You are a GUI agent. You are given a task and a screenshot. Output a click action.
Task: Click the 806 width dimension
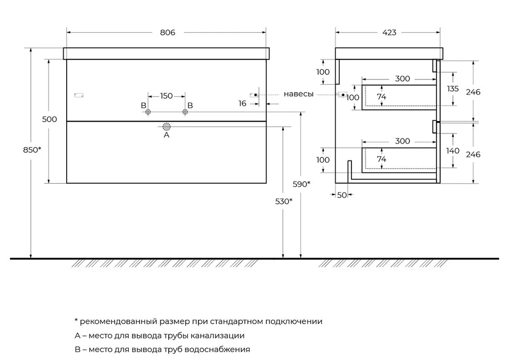coord(167,32)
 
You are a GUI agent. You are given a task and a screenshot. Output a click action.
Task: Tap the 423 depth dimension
coord(389,32)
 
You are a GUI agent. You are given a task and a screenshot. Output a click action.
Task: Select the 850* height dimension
coord(32,150)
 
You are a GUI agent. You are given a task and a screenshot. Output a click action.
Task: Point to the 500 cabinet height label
coord(49,119)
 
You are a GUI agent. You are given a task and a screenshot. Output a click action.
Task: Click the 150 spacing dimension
coord(166,96)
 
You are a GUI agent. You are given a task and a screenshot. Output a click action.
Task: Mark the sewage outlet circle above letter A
coord(166,127)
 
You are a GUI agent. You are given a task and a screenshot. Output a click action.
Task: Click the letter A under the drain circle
coord(166,136)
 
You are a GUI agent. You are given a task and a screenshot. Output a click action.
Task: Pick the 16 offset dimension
coord(243,103)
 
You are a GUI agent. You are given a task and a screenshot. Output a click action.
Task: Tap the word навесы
coord(299,94)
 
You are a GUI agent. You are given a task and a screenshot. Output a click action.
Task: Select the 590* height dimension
coord(302,184)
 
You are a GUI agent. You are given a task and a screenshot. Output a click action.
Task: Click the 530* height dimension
coord(283,201)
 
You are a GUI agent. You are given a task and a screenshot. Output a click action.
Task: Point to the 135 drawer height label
coord(453,88)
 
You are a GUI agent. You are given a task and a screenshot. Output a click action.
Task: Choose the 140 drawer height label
coord(453,151)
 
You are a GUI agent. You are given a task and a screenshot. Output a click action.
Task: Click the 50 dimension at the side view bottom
coord(342,195)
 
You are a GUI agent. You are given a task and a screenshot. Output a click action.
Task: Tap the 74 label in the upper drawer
coord(381,97)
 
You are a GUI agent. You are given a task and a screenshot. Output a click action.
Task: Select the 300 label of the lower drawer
coord(403,141)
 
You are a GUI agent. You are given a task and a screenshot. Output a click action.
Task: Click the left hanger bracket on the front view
coord(78,95)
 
